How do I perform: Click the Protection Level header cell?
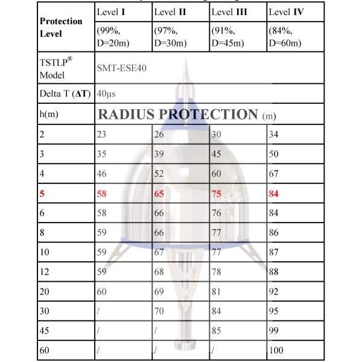tap(61, 28)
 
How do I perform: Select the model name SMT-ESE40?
tap(121, 68)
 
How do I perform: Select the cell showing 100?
tap(278, 351)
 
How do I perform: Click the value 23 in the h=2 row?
tap(102, 135)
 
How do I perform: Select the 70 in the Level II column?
tap(160, 311)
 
